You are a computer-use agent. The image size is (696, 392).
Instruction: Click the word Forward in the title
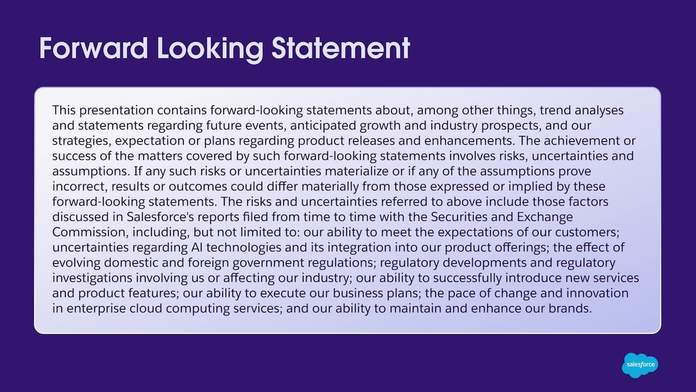[x=94, y=48]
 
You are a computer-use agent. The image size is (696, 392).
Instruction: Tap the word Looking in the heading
[x=210, y=49]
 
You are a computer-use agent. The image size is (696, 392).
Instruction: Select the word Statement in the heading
[x=341, y=48]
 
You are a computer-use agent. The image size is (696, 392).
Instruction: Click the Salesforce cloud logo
[x=640, y=365]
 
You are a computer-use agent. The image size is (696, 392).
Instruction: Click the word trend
[x=555, y=110]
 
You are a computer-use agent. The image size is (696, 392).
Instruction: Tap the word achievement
[x=582, y=140]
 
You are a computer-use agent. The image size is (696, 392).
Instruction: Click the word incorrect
[x=80, y=186]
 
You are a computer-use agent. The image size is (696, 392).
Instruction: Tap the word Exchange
[x=544, y=217]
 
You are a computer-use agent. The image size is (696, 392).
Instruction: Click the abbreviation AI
[x=196, y=247]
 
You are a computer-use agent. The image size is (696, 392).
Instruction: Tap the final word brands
[x=570, y=308]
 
